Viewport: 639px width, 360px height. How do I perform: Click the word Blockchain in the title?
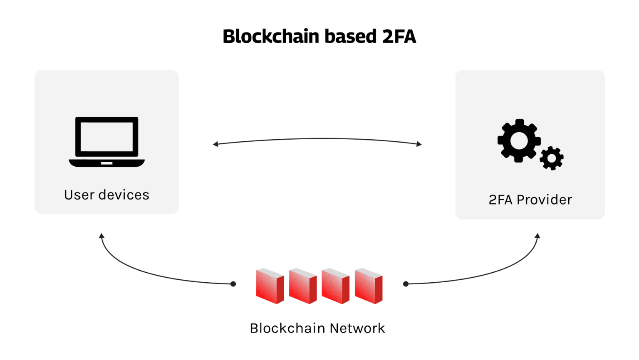pos(271,37)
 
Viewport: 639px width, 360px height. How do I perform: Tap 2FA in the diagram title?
pos(399,37)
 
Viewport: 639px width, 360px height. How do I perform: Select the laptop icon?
pos(106,142)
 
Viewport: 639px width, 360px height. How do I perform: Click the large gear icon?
pos(519,141)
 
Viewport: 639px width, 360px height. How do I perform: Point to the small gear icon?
pos(552,158)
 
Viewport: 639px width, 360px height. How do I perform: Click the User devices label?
pos(106,195)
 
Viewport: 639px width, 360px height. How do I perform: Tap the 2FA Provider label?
pos(530,200)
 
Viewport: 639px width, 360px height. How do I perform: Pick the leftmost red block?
pos(270,286)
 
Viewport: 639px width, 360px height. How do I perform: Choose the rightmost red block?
pos(368,286)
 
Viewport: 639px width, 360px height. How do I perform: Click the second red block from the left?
pos(302,286)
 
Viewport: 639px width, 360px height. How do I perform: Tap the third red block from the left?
pos(335,286)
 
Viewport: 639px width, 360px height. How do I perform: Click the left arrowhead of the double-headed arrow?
pos(215,144)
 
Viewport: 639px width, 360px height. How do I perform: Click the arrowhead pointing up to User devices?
pos(102,236)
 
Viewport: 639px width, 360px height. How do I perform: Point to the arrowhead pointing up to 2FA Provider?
pos(537,236)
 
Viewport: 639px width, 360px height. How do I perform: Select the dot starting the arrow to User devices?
pos(233,284)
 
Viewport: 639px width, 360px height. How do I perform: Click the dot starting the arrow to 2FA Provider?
pos(406,284)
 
